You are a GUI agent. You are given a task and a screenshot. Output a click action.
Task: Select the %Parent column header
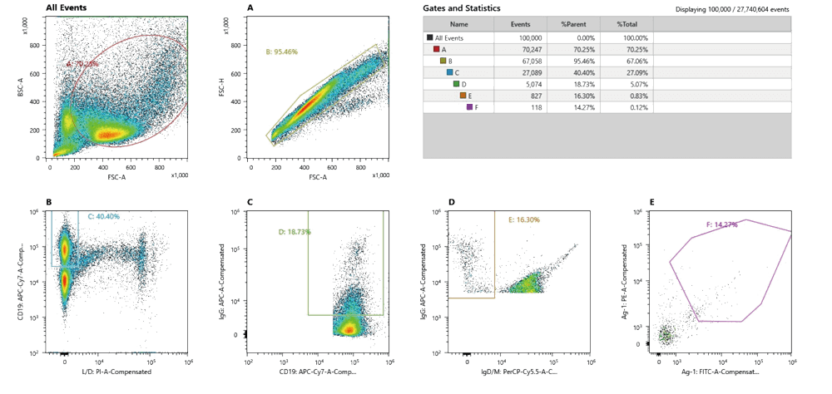[575, 25]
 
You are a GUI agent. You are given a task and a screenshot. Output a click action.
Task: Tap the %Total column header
[626, 25]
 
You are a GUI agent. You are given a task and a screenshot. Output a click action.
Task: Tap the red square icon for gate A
[436, 49]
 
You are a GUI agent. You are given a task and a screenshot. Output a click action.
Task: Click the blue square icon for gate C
[448, 72]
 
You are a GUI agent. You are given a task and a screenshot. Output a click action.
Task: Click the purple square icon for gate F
[469, 107]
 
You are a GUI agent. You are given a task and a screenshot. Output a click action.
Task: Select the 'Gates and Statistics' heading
[462, 8]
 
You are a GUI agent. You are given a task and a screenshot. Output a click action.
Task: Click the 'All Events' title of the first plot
[67, 7]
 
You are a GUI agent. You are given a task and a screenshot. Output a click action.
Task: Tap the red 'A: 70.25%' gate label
[83, 62]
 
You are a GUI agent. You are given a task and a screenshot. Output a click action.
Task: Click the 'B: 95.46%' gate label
[280, 52]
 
